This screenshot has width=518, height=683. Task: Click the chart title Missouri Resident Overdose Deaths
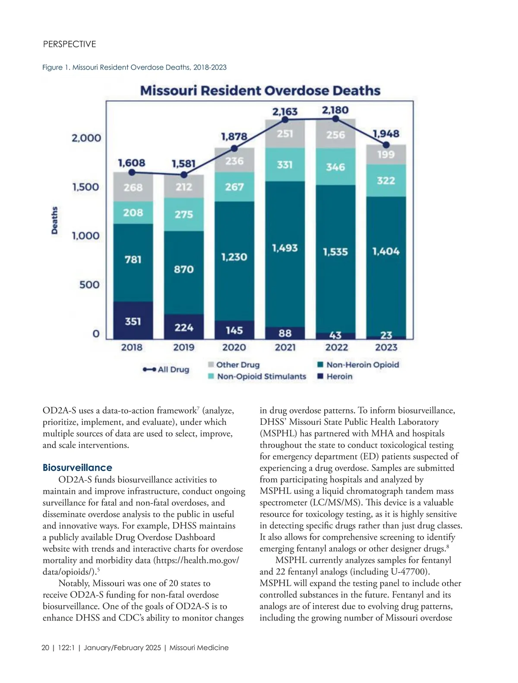[x=260, y=91]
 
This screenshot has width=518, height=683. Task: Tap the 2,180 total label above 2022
[x=335, y=110]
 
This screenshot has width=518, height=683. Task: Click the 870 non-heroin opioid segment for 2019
[x=183, y=269]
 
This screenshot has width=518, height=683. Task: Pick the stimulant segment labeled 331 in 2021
[x=284, y=164]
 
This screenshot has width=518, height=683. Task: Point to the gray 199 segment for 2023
[x=386, y=155]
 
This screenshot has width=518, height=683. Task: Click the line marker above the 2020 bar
[x=234, y=148]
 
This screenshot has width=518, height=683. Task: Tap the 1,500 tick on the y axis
[x=85, y=187]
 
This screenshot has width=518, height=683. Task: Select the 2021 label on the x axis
[x=285, y=347]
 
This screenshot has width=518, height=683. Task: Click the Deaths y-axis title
[x=55, y=220]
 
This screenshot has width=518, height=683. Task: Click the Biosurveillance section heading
[x=77, y=468]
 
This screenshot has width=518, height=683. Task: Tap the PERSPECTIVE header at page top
[x=69, y=44]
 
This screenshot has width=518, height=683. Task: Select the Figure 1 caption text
[x=134, y=67]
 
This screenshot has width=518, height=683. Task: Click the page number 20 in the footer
[x=45, y=648]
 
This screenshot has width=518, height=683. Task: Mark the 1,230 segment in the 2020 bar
[x=234, y=257]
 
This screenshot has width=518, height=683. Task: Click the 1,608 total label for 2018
[x=132, y=163]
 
